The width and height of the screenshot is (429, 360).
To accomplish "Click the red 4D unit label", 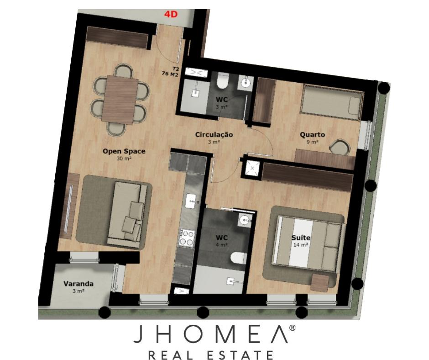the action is (171, 14).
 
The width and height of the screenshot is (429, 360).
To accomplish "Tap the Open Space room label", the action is (124, 151).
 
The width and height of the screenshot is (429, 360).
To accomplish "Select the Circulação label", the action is (214, 134).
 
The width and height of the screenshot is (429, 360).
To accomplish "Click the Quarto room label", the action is (313, 134).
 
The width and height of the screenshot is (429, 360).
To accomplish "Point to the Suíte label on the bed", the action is (301, 238).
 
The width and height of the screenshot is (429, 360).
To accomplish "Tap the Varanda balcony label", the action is (78, 284).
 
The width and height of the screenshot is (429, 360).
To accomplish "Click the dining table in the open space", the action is (120, 99).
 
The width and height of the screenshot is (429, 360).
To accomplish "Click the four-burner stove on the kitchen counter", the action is (187, 238).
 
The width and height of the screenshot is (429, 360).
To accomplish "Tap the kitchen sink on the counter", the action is (192, 201).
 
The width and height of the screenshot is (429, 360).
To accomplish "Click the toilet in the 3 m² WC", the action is (222, 81).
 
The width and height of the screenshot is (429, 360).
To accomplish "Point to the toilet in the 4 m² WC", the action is (239, 258).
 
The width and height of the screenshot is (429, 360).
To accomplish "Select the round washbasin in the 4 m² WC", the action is (244, 219).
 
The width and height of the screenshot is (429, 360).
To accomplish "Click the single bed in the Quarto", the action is (332, 102).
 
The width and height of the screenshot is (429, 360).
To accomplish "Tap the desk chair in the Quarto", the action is (340, 147).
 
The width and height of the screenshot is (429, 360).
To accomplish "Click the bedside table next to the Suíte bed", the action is (320, 283).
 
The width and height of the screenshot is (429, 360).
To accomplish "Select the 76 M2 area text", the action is (170, 74).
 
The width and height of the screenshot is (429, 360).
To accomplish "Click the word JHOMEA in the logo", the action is (211, 334).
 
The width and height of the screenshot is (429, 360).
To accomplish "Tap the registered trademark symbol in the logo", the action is (292, 328).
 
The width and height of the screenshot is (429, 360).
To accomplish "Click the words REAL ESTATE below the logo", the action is (211, 355).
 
